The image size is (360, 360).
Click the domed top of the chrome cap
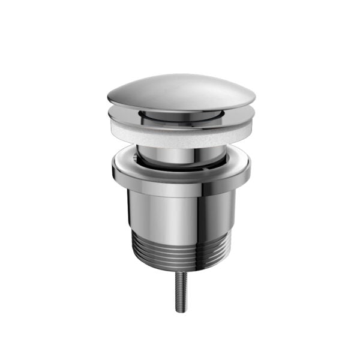[180, 87]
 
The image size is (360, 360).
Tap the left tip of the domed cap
[109, 97]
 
